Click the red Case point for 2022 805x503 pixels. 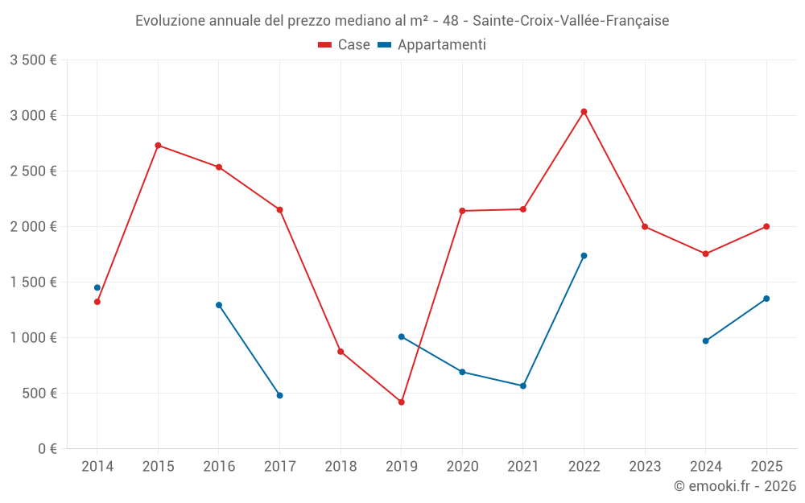(x=584, y=112)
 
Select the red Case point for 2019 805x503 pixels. (x=402, y=402)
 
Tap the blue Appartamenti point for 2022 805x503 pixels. (x=584, y=256)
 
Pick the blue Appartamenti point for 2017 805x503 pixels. (x=279, y=395)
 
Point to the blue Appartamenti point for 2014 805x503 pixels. (x=97, y=287)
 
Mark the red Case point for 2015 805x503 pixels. (x=158, y=146)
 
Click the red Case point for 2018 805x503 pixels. (x=341, y=352)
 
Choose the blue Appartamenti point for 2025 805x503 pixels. (x=766, y=299)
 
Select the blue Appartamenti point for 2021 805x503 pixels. (x=523, y=385)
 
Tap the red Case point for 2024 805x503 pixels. (x=706, y=254)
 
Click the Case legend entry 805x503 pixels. (x=345, y=45)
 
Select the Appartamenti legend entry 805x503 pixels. (x=432, y=45)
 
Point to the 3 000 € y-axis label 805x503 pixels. (x=33, y=115)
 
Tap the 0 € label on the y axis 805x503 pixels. (x=47, y=448)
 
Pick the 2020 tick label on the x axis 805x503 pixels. (x=462, y=466)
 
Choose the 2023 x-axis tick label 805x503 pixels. (x=645, y=466)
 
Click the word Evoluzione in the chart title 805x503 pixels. (x=170, y=21)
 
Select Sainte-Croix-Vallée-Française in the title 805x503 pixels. (x=571, y=21)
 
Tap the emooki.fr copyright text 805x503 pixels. (x=735, y=485)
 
